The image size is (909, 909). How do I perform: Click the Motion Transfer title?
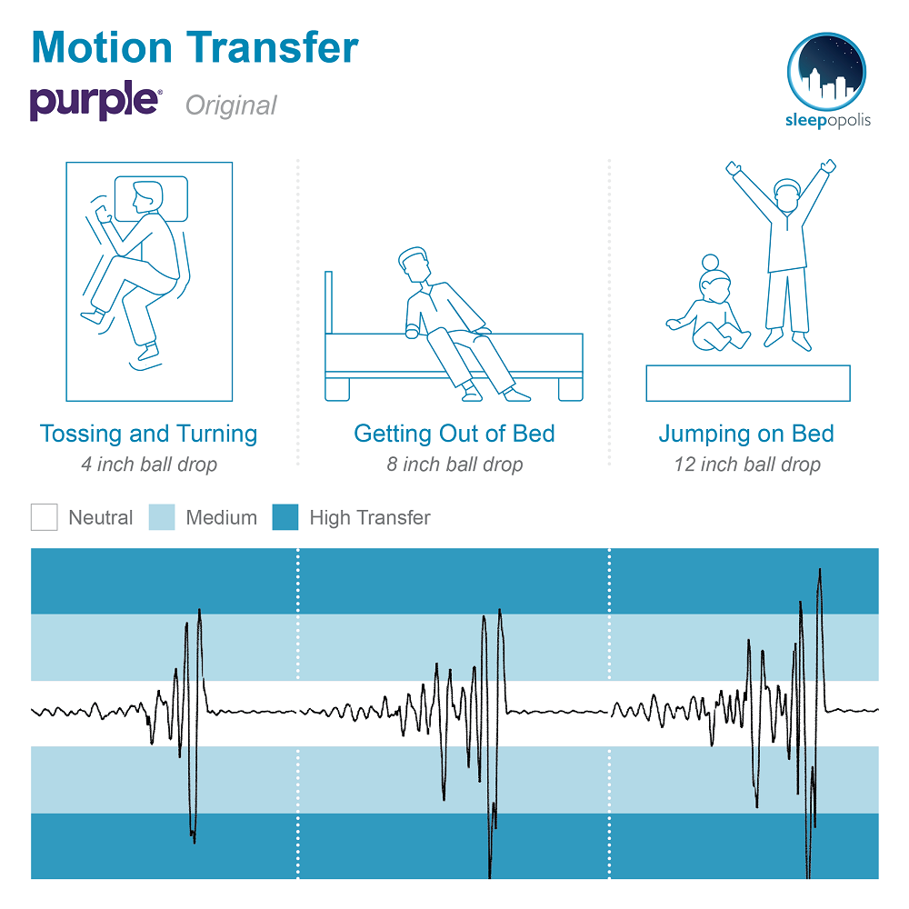pyautogui.click(x=195, y=47)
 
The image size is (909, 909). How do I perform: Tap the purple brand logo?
pyautogui.click(x=95, y=101)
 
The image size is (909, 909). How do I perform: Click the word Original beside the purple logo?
pyautogui.click(x=231, y=105)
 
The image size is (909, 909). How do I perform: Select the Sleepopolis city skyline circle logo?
pyautogui.click(x=826, y=71)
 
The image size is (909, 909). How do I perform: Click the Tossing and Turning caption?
pyautogui.click(x=148, y=434)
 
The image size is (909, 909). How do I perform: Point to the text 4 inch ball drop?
pyautogui.click(x=149, y=464)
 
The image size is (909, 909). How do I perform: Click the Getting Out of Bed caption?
pyautogui.click(x=454, y=434)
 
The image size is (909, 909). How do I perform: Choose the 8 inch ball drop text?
pyautogui.click(x=454, y=464)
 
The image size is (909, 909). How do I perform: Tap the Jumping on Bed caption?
pyautogui.click(x=746, y=434)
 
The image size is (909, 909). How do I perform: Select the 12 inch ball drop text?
pyautogui.click(x=746, y=464)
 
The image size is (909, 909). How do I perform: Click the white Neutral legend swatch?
pyautogui.click(x=44, y=517)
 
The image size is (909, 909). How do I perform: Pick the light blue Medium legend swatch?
pyautogui.click(x=162, y=517)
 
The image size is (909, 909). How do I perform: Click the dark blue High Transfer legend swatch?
pyautogui.click(x=285, y=517)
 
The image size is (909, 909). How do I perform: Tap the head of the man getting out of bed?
pyautogui.click(x=414, y=265)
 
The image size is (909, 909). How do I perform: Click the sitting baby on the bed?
pyautogui.click(x=709, y=307)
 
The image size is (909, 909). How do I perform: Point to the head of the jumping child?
pyautogui.click(x=787, y=195)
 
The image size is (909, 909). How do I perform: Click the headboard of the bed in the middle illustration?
pyautogui.click(x=329, y=303)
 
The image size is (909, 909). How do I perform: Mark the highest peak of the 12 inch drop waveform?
pyautogui.click(x=820, y=569)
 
